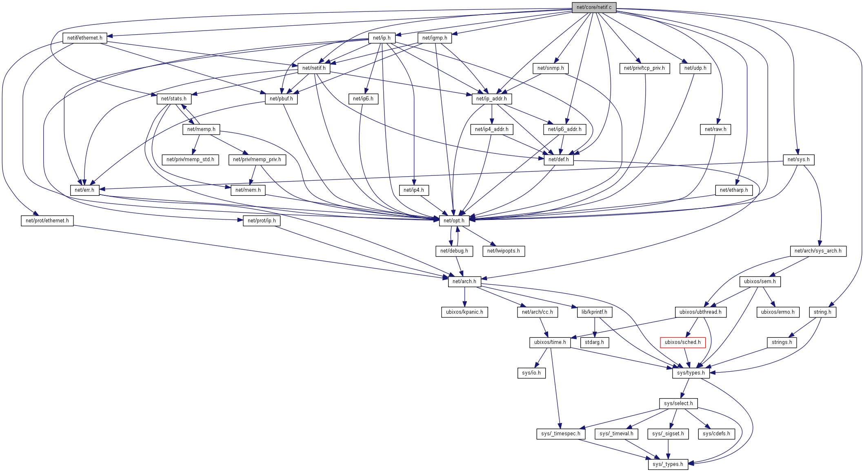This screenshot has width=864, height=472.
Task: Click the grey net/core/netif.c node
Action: click(x=594, y=7)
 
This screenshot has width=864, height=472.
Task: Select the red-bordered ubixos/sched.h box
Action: click(x=682, y=342)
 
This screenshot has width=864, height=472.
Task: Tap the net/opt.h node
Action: click(x=454, y=221)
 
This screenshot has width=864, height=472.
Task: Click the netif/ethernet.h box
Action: click(x=85, y=38)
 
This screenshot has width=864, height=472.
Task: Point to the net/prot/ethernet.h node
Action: click(x=47, y=221)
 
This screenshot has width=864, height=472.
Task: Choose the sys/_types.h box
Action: click(x=668, y=464)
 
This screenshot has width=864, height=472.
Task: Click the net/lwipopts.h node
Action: click(x=504, y=251)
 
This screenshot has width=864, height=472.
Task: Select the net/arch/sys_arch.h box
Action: click(x=818, y=251)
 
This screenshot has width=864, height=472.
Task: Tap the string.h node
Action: click(x=822, y=312)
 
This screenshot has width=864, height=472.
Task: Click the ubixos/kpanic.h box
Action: click(x=464, y=312)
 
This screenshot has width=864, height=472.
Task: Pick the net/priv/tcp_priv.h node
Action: click(x=644, y=68)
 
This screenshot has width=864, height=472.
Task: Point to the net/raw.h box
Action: click(x=715, y=129)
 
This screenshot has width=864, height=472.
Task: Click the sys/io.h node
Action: click(x=531, y=373)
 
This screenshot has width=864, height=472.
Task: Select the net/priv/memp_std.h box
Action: click(x=190, y=160)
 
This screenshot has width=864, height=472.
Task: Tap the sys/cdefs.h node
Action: click(x=716, y=434)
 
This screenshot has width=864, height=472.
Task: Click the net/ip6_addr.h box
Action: click(x=565, y=129)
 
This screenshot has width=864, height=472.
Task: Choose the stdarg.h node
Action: click(x=594, y=342)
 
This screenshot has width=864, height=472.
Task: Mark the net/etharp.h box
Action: click(x=734, y=190)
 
